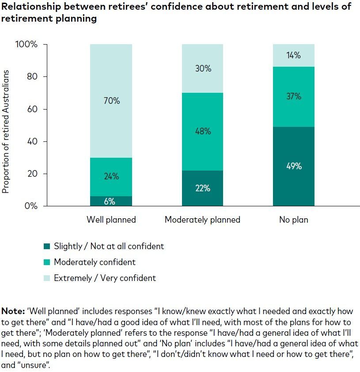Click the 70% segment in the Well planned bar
111,80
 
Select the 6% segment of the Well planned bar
111,201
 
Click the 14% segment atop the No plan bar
293,56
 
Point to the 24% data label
111,177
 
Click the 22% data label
202,188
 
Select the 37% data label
293,96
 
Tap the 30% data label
202,69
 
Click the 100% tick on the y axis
27,45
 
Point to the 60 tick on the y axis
32,109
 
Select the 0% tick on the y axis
30,206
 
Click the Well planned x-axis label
111,220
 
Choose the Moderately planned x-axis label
202,220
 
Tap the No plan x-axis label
293,220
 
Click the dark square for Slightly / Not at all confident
47,247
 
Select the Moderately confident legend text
95,262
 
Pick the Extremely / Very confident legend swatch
47,278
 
